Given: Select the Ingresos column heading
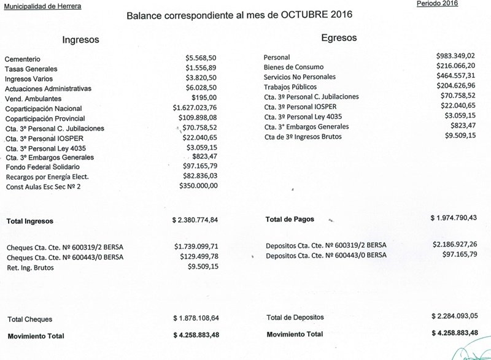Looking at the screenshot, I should point(81,40).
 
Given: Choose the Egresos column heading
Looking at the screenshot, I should point(339,38).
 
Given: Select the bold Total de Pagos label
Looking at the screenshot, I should point(292,219).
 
